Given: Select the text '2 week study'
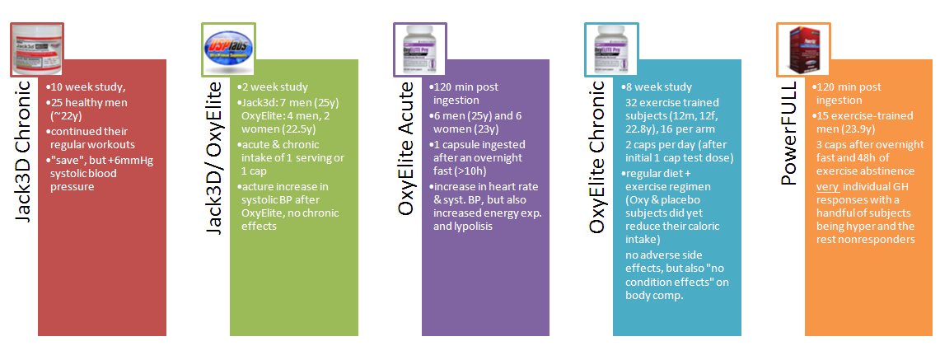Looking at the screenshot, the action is pos(274,86).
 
